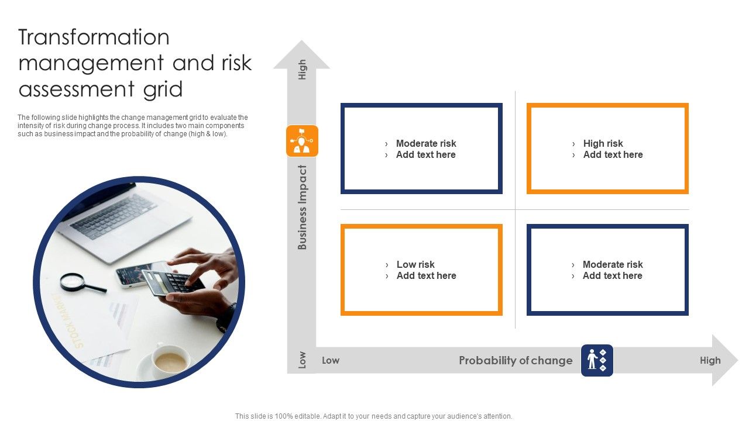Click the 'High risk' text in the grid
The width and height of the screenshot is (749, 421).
coord(603,143)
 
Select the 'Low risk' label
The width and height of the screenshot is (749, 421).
coord(415,264)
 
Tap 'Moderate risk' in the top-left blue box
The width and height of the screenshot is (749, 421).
coord(426,143)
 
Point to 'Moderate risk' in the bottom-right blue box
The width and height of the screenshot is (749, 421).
coord(613,264)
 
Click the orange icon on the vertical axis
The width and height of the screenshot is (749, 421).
coord(302,141)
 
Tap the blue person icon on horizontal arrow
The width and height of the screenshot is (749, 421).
coord(597,360)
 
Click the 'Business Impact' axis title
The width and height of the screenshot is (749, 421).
coord(303,208)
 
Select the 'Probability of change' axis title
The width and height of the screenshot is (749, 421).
coord(516,360)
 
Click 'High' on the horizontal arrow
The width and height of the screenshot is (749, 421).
coord(710,360)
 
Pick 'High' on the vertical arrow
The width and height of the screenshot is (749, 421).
coord(303,70)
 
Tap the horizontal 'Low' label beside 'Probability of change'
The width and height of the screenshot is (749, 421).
coord(331,360)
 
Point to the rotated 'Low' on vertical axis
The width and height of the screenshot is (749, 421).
coord(303,360)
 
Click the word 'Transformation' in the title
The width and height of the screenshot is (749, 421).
coord(94,37)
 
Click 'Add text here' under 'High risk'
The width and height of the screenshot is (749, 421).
coord(613,155)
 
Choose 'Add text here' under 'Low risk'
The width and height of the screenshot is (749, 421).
coord(426,276)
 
